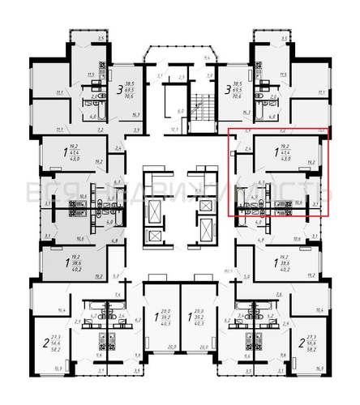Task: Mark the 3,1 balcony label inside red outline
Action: point(316,206)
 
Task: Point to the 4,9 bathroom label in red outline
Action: point(255,197)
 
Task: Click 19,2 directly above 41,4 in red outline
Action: point(285,145)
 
